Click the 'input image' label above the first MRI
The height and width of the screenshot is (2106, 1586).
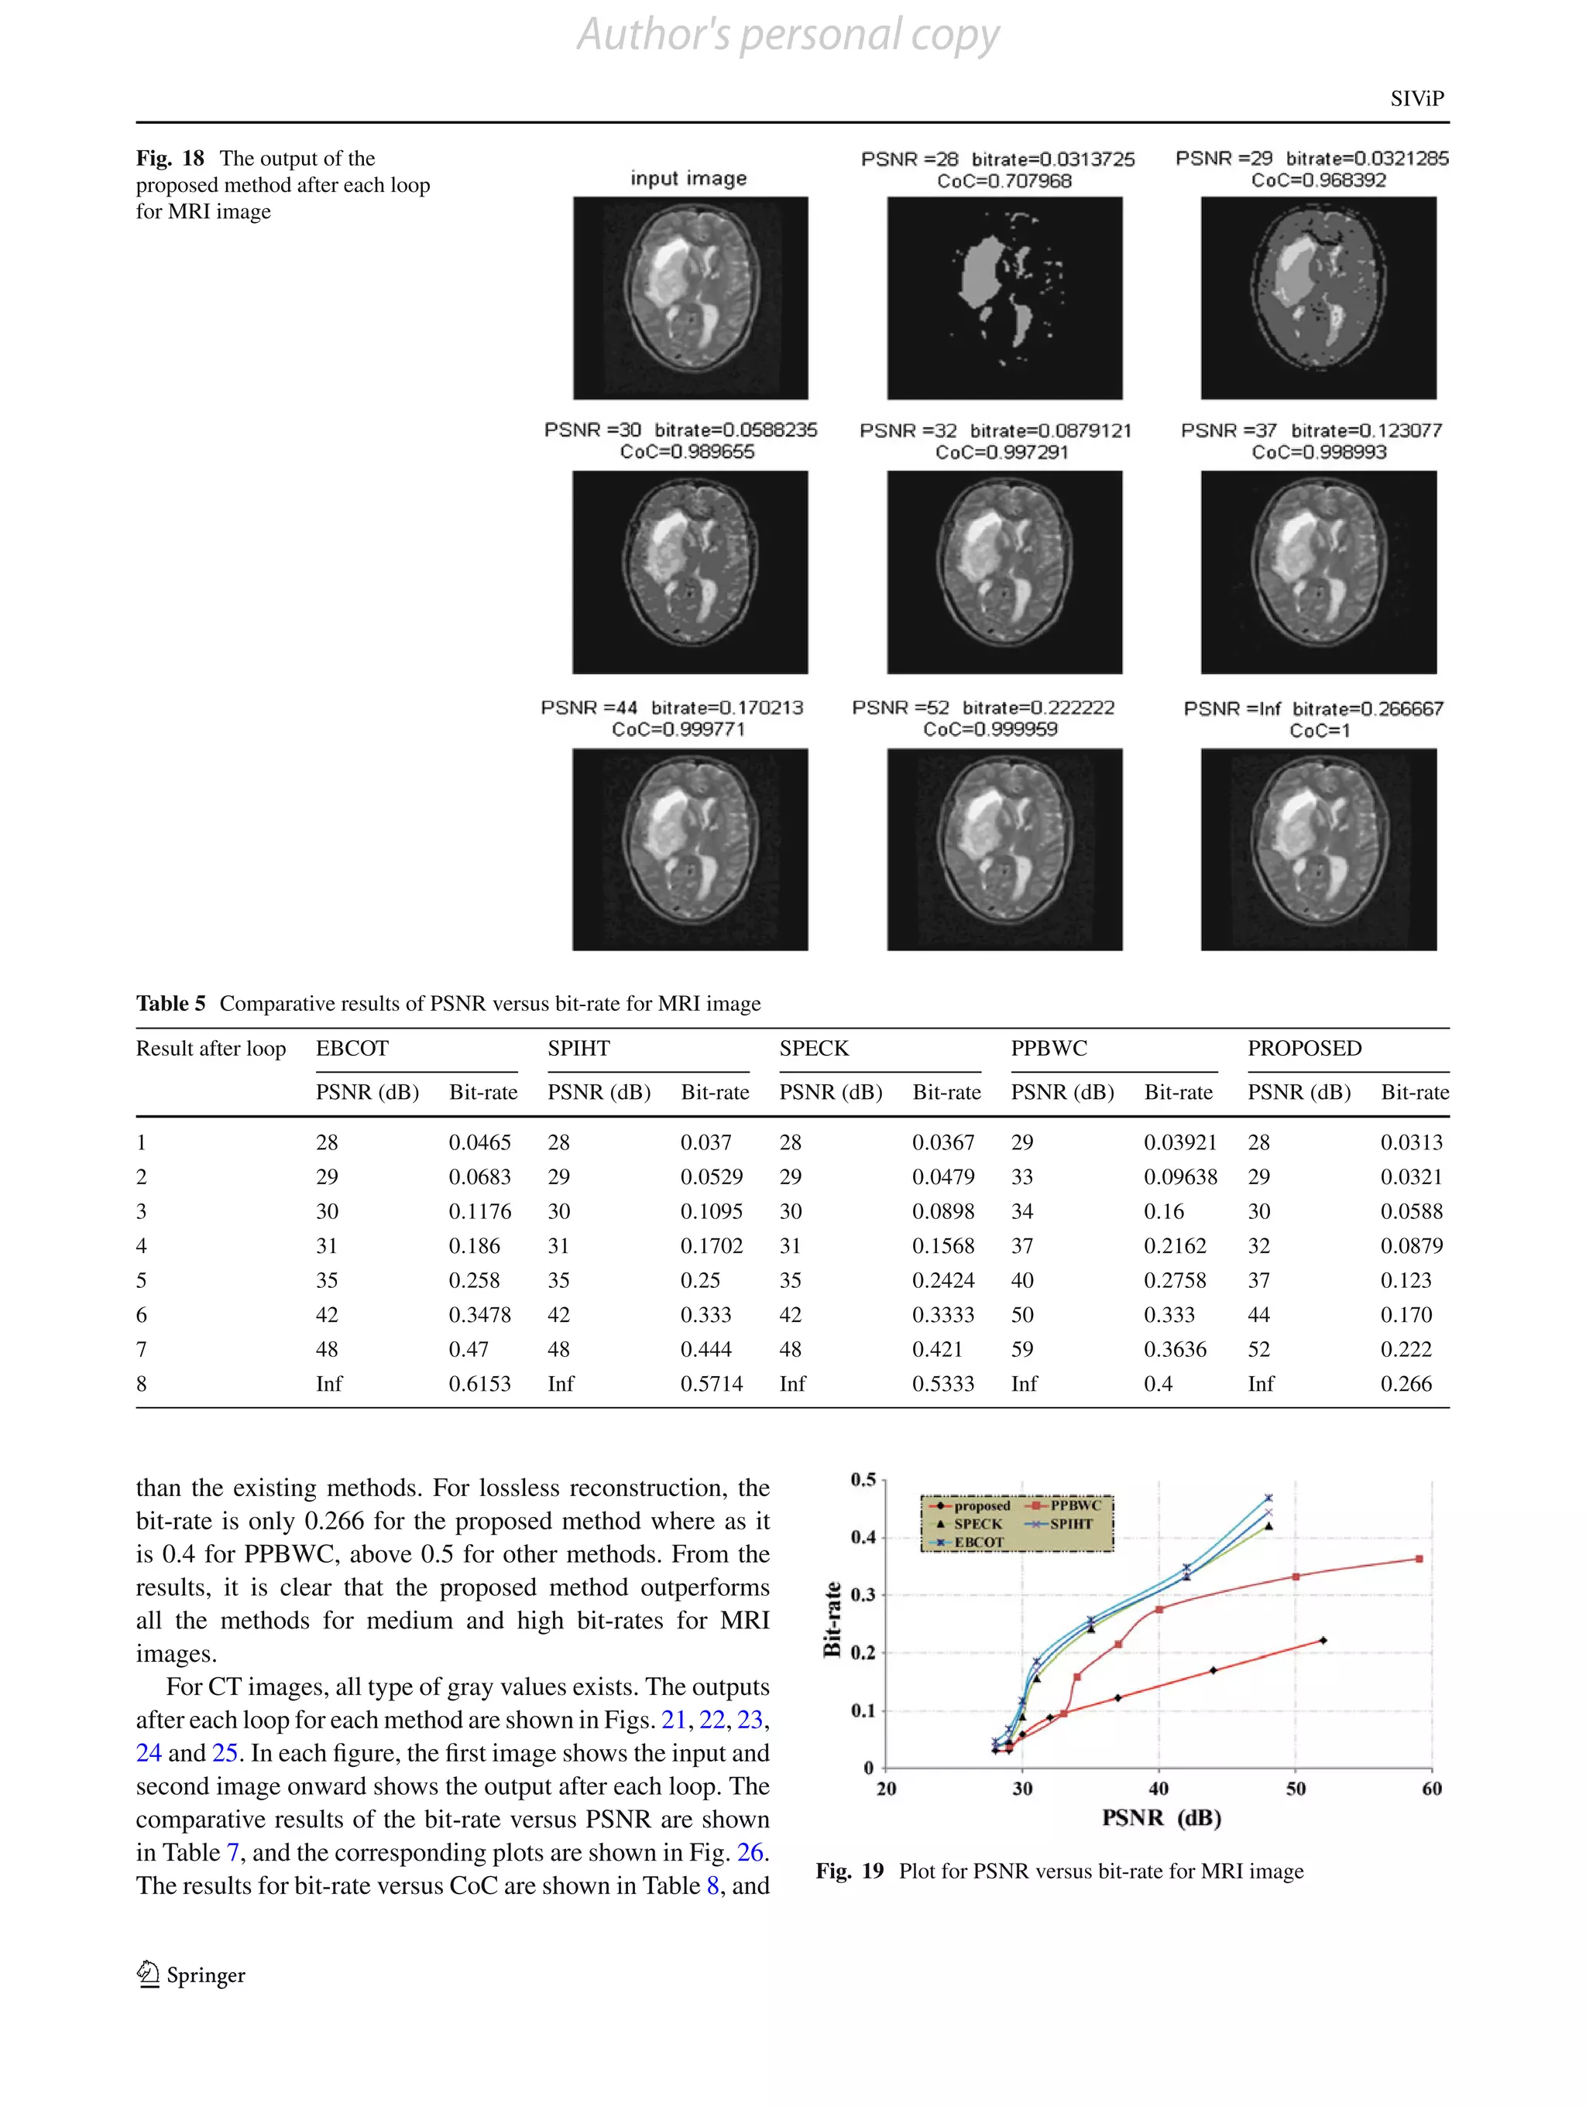click(x=688, y=178)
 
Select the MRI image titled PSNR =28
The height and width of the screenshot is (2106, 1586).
click(x=1004, y=298)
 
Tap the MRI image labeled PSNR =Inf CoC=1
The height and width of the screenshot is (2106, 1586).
click(x=1318, y=849)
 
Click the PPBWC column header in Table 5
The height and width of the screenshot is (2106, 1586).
click(x=1049, y=1048)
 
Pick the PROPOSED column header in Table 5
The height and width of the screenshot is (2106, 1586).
click(x=1304, y=1048)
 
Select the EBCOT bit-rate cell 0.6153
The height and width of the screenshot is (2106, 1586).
click(x=479, y=1383)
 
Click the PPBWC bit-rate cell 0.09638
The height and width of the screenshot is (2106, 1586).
click(x=1180, y=1176)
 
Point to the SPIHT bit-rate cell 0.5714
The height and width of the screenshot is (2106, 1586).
click(x=711, y=1383)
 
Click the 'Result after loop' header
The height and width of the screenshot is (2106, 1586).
click(x=211, y=1048)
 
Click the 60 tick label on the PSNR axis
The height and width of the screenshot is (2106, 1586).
click(x=1431, y=1788)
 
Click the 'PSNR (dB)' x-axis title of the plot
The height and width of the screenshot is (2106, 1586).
click(x=1161, y=1817)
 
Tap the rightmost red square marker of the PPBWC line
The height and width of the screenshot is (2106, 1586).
click(x=1420, y=1559)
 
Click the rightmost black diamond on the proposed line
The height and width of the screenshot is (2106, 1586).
click(x=1323, y=1640)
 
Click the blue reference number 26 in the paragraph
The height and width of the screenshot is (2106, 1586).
click(x=750, y=1852)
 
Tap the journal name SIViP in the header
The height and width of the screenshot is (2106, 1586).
click(x=1416, y=98)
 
